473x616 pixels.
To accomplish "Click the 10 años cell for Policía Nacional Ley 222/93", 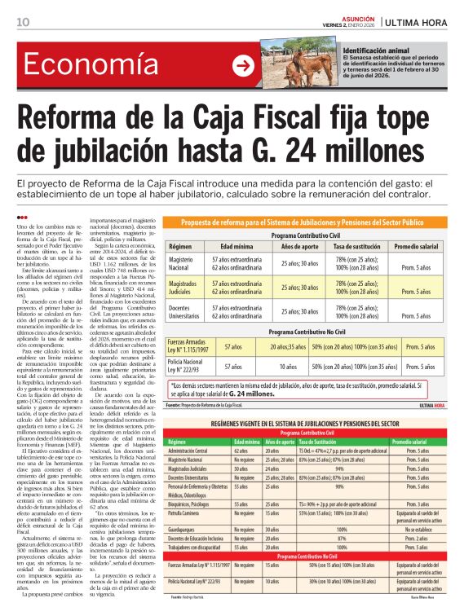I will pos(285,367).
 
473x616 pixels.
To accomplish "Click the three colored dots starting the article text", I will pos(21,216).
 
